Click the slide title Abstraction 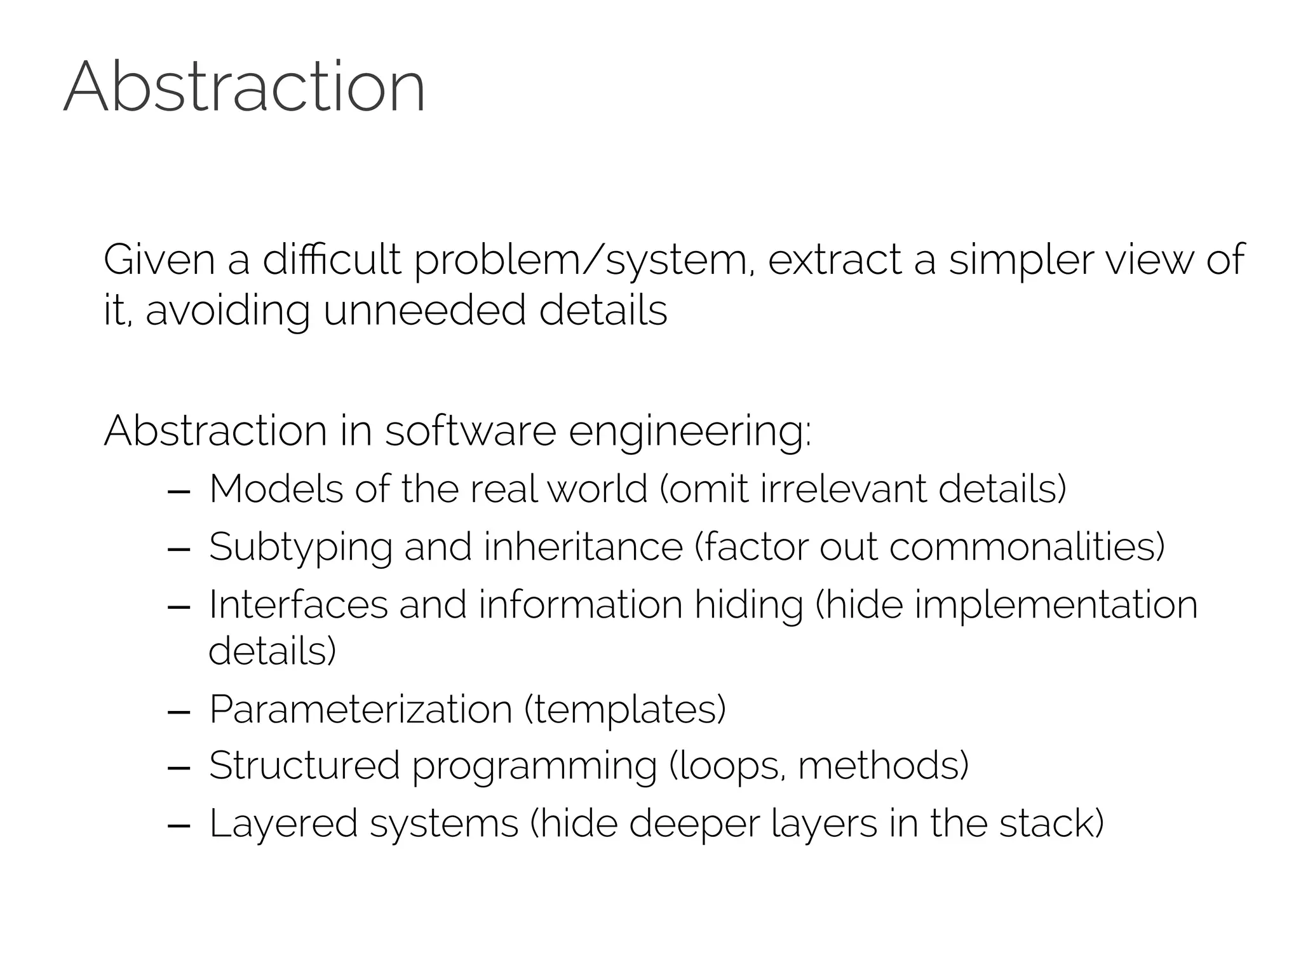(245, 87)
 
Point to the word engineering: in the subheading (690, 432)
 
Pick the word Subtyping (300, 548)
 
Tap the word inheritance (583, 546)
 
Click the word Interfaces (298, 604)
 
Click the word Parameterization (360, 709)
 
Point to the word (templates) (625, 709)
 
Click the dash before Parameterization (179, 712)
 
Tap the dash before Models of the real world (179, 491)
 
